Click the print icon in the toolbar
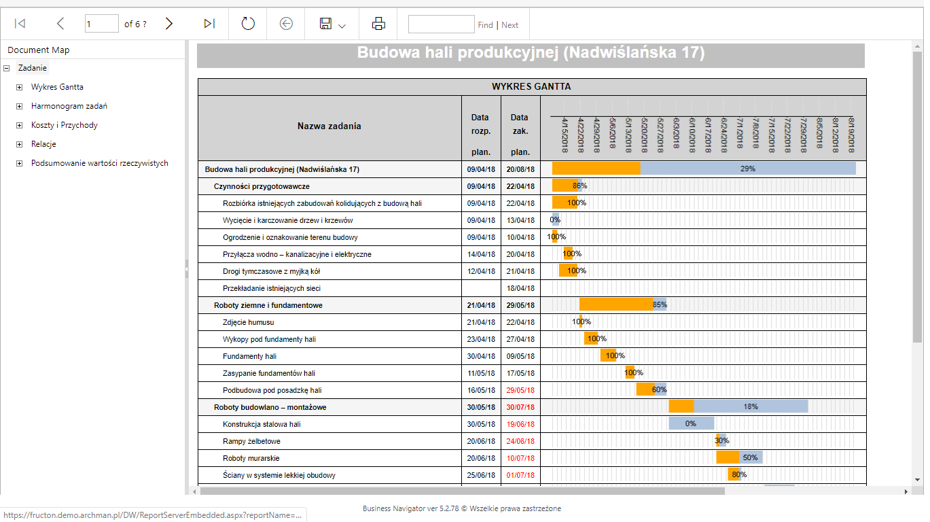pyautogui.click(x=378, y=24)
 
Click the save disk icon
pyautogui.click(x=325, y=24)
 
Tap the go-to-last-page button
pyautogui.click(x=209, y=24)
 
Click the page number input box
pyautogui.click(x=101, y=24)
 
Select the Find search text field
pyautogui.click(x=442, y=24)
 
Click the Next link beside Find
pyautogui.click(x=509, y=25)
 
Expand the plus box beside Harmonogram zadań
pyautogui.click(x=19, y=106)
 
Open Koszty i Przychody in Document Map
pyautogui.click(x=65, y=125)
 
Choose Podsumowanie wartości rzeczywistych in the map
pyautogui.click(x=100, y=163)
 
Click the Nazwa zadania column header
pyautogui.click(x=329, y=126)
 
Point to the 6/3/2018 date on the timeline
pyautogui.click(x=676, y=133)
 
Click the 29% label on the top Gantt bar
pyautogui.click(x=747, y=169)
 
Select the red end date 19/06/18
pyautogui.click(x=520, y=424)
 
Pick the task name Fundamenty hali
pyautogui.click(x=249, y=356)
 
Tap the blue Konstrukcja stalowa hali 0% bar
pyautogui.click(x=692, y=423)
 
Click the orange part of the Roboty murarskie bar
pyautogui.click(x=728, y=457)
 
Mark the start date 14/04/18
pyautogui.click(x=481, y=255)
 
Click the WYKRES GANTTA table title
pyautogui.click(x=531, y=87)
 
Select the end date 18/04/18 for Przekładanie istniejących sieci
pyautogui.click(x=520, y=289)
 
